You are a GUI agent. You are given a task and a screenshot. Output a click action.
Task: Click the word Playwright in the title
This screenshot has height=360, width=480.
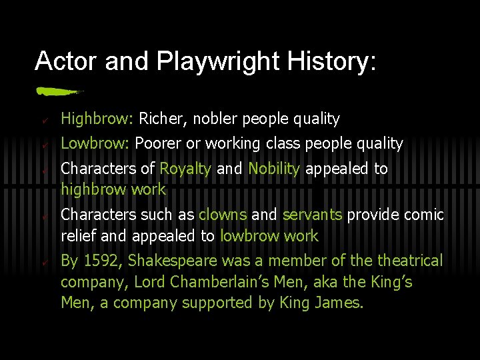tap(219, 61)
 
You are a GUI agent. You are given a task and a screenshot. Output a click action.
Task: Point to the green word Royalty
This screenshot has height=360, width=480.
tap(185, 169)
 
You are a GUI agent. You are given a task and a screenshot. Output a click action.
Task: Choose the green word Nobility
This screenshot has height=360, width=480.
tap(273, 169)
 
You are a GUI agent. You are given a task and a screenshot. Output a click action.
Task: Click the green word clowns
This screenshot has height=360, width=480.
tap(223, 215)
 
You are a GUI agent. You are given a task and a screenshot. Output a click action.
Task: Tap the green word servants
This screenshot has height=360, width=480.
tap(312, 215)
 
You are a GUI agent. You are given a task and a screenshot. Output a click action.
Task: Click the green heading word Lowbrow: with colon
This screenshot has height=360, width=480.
tap(95, 143)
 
